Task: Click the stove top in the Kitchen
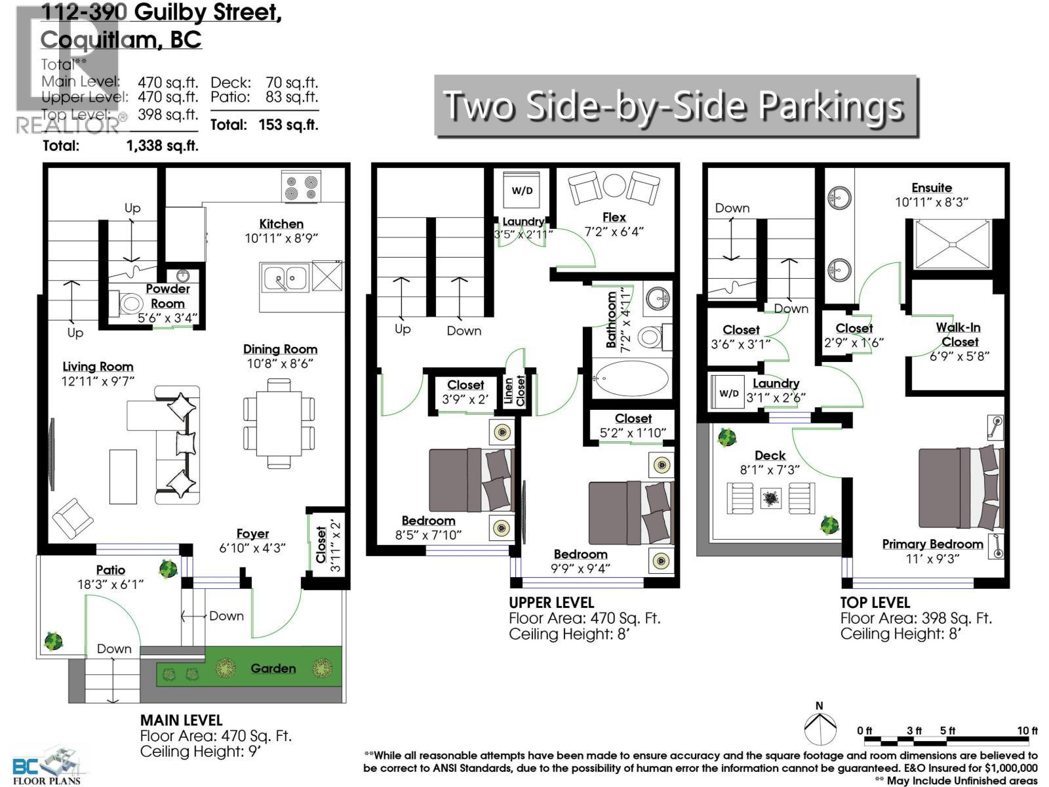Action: [301, 186]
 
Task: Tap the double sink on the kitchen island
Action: [285, 278]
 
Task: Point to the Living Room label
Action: [98, 367]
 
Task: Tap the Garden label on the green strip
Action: [273, 668]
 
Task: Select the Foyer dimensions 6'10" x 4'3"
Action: [252, 548]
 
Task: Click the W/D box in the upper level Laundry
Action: [522, 191]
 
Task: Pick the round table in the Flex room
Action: [615, 186]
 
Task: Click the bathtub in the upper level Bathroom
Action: [631, 378]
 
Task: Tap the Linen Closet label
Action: [515, 391]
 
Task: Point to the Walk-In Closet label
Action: [959, 334]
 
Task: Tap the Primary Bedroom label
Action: [932, 544]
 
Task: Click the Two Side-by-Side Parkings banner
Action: [675, 106]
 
